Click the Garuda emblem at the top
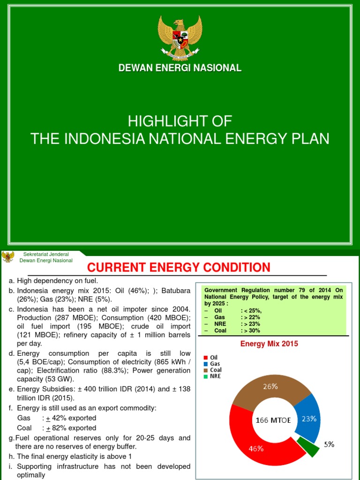(180, 37)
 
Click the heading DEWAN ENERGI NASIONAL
(180, 68)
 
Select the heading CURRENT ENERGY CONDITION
(179, 268)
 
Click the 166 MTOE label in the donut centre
(273, 420)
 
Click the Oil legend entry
(214, 357)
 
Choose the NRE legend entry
(215, 376)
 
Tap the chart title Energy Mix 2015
(269, 344)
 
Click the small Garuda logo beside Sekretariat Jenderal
(7, 257)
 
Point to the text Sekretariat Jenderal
(46, 254)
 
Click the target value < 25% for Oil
(253, 310)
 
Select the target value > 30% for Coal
(252, 330)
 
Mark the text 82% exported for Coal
(72, 428)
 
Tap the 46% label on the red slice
(256, 449)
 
